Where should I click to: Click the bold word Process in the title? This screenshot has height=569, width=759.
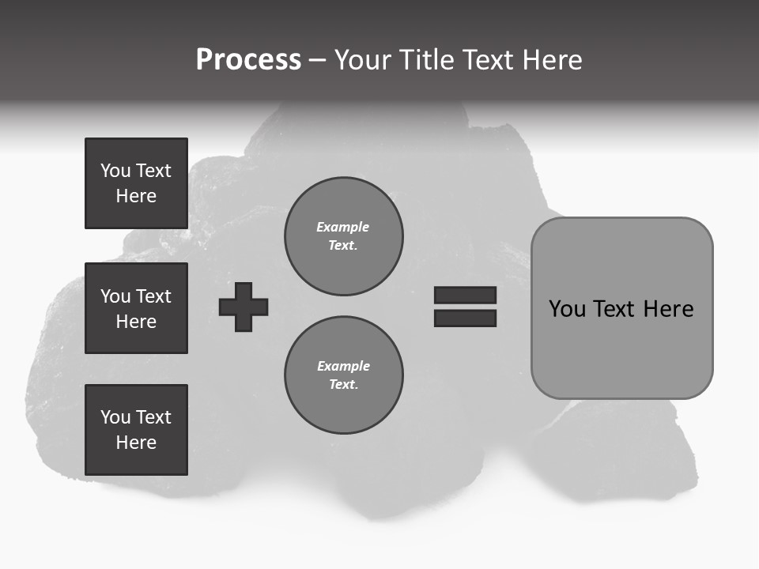pos(248,60)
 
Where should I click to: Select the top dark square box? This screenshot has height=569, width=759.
pos(136,183)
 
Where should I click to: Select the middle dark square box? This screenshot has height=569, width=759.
pos(136,308)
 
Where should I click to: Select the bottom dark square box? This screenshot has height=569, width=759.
pos(136,430)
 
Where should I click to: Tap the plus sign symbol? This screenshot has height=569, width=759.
pos(244,307)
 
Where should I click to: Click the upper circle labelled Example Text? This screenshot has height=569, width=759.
pos(343,236)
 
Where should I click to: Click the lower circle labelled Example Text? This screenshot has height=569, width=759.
pos(343,375)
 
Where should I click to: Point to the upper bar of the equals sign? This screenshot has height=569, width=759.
pos(465,295)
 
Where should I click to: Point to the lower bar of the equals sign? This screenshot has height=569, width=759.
pos(465,318)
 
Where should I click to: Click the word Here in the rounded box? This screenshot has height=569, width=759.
pos(668,309)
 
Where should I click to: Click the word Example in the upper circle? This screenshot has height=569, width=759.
pos(342,227)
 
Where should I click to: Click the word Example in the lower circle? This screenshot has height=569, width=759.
pos(343,366)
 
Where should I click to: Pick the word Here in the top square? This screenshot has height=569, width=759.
pos(136,196)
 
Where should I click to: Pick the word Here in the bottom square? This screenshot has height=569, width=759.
pos(136,443)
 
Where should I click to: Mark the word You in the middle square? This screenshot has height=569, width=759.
pos(115,296)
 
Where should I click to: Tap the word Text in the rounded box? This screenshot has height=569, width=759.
pos(614,309)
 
